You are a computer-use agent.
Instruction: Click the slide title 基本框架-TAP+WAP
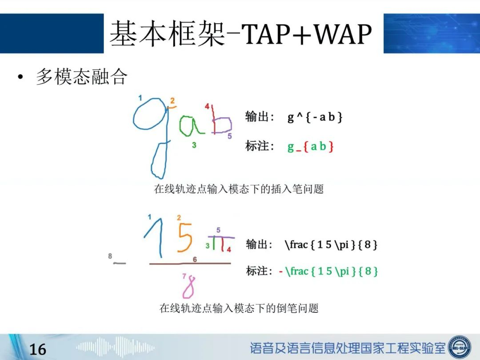click(240, 34)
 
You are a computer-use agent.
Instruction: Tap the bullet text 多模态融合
click(81, 76)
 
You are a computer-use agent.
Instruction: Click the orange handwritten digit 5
click(185, 237)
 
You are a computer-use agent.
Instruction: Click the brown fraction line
click(190, 263)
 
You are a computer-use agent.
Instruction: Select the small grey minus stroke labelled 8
click(120, 263)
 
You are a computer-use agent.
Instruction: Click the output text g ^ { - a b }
click(315, 117)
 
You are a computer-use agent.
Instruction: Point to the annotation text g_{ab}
click(310, 147)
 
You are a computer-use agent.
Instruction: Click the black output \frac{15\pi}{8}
click(331, 244)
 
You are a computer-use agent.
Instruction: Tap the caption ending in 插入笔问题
click(239, 189)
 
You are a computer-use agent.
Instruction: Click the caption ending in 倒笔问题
click(239, 308)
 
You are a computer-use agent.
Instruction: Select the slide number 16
click(38, 349)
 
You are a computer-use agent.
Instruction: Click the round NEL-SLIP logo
click(460, 347)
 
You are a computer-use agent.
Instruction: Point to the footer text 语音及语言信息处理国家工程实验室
click(348, 348)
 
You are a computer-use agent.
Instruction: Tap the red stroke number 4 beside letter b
click(207, 106)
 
